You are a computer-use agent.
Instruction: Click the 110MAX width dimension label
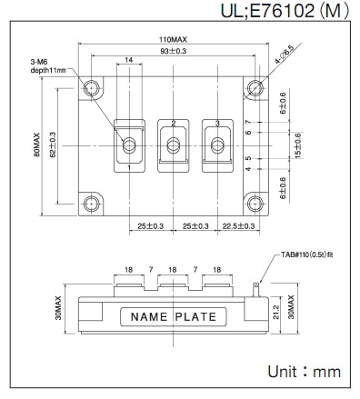(x=173, y=40)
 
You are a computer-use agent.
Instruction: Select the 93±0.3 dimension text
(x=173, y=51)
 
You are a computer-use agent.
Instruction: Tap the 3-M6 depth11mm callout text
(x=48, y=66)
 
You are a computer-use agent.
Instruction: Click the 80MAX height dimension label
(x=36, y=145)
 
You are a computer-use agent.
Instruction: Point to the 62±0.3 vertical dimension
(x=53, y=145)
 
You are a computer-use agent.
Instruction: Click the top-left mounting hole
(x=91, y=88)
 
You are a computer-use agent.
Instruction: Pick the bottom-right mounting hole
(x=255, y=204)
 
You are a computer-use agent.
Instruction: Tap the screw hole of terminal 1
(x=129, y=145)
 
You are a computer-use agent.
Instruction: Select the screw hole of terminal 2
(x=174, y=145)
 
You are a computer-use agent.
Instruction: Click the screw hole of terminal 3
(x=217, y=145)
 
